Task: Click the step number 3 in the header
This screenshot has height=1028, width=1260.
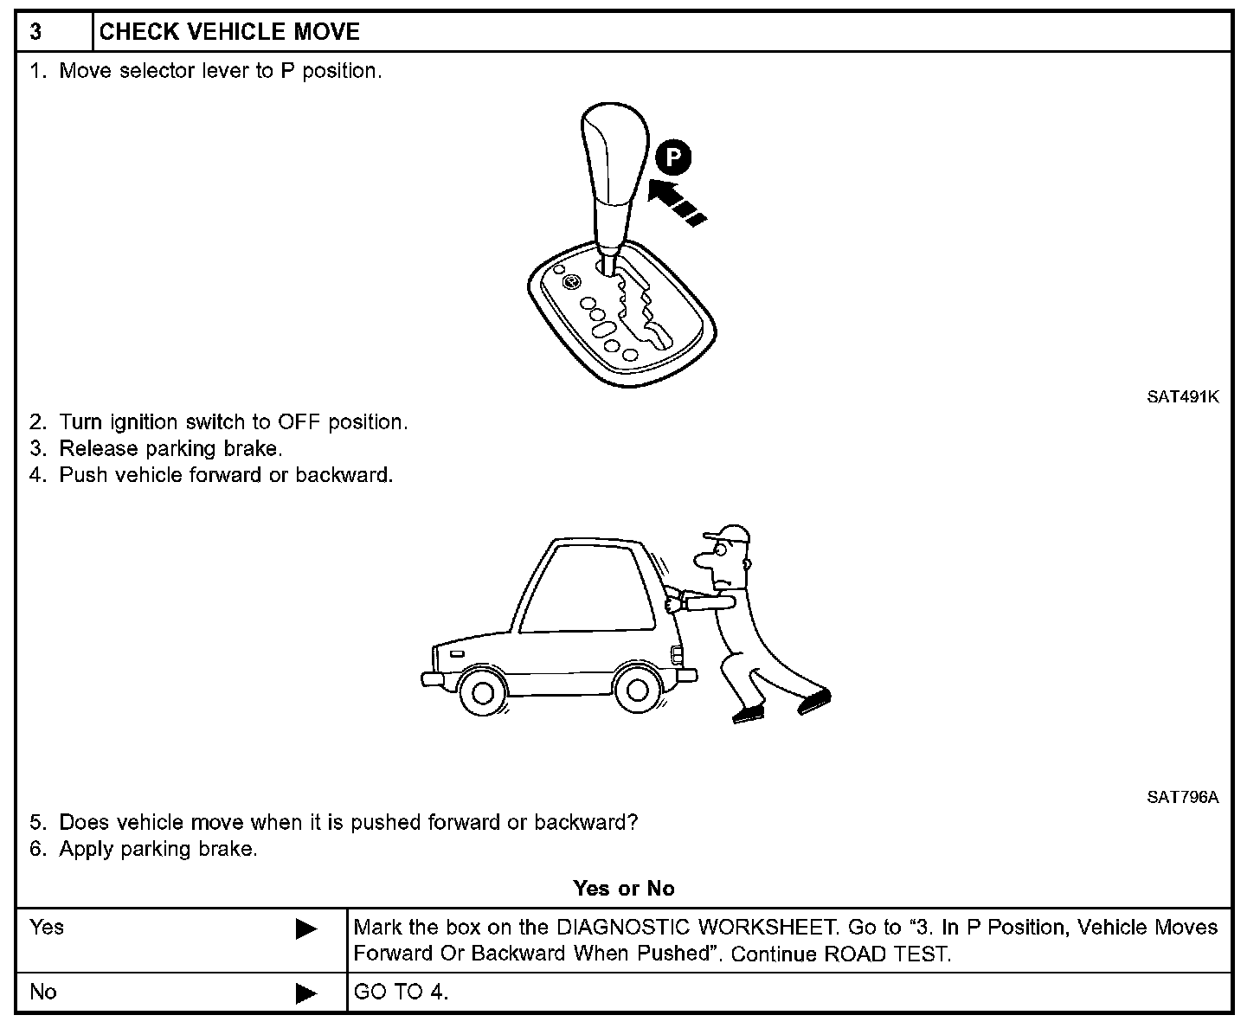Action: pyautogui.click(x=35, y=33)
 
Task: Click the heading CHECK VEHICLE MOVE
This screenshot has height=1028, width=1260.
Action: pyautogui.click(x=229, y=33)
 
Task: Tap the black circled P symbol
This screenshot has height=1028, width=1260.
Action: pyautogui.click(x=673, y=159)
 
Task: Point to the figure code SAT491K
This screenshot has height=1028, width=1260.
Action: pyautogui.click(x=1182, y=397)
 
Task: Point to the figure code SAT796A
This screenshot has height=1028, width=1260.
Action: pyautogui.click(x=1182, y=797)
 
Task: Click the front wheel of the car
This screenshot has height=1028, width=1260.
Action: pyautogui.click(x=483, y=691)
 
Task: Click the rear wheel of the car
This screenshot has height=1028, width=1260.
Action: pyautogui.click(x=636, y=690)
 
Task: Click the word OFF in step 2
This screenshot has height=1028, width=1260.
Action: pyautogui.click(x=299, y=422)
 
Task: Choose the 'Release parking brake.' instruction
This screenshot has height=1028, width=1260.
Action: pyautogui.click(x=170, y=448)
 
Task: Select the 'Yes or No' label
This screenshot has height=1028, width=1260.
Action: pyautogui.click(x=623, y=889)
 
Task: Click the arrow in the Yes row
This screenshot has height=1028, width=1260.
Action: pyautogui.click(x=306, y=929)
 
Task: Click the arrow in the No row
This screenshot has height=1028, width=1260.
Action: pyautogui.click(x=306, y=993)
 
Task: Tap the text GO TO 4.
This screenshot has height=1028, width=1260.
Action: pyautogui.click(x=401, y=992)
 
